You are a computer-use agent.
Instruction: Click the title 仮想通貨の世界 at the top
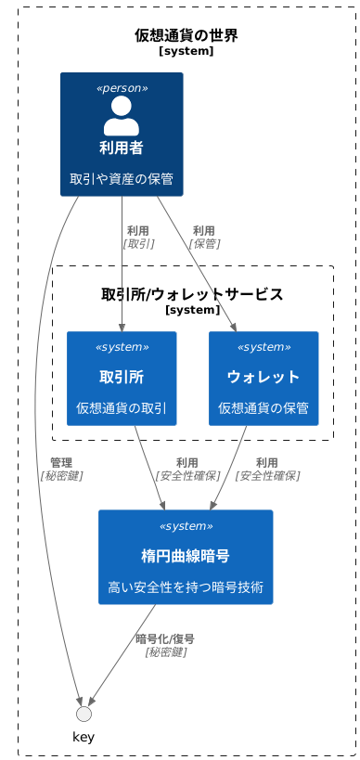186,36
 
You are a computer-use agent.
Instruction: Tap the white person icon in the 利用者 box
122,115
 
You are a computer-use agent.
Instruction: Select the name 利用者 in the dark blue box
122,148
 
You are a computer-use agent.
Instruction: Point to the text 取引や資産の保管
122,179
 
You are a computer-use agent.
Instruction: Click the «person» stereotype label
122,88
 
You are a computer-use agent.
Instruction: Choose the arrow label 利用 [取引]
138,237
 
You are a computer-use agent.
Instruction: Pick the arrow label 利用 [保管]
204,237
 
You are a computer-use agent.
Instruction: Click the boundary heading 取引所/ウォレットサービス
192,294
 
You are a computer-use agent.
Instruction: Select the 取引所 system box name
122,377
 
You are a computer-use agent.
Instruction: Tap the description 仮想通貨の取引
122,408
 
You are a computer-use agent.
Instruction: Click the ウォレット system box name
264,377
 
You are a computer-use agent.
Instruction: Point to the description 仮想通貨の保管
264,408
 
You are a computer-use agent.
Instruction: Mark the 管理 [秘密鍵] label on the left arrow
61,469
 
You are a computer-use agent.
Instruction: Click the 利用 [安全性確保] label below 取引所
187,469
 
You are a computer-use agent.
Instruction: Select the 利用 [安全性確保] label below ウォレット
267,469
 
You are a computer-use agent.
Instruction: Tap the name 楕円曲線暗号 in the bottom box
186,556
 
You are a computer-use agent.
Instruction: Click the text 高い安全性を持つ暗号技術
186,587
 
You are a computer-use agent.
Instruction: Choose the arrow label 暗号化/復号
165,645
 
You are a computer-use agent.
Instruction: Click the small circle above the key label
84,714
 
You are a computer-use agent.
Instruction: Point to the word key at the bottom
84,737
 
